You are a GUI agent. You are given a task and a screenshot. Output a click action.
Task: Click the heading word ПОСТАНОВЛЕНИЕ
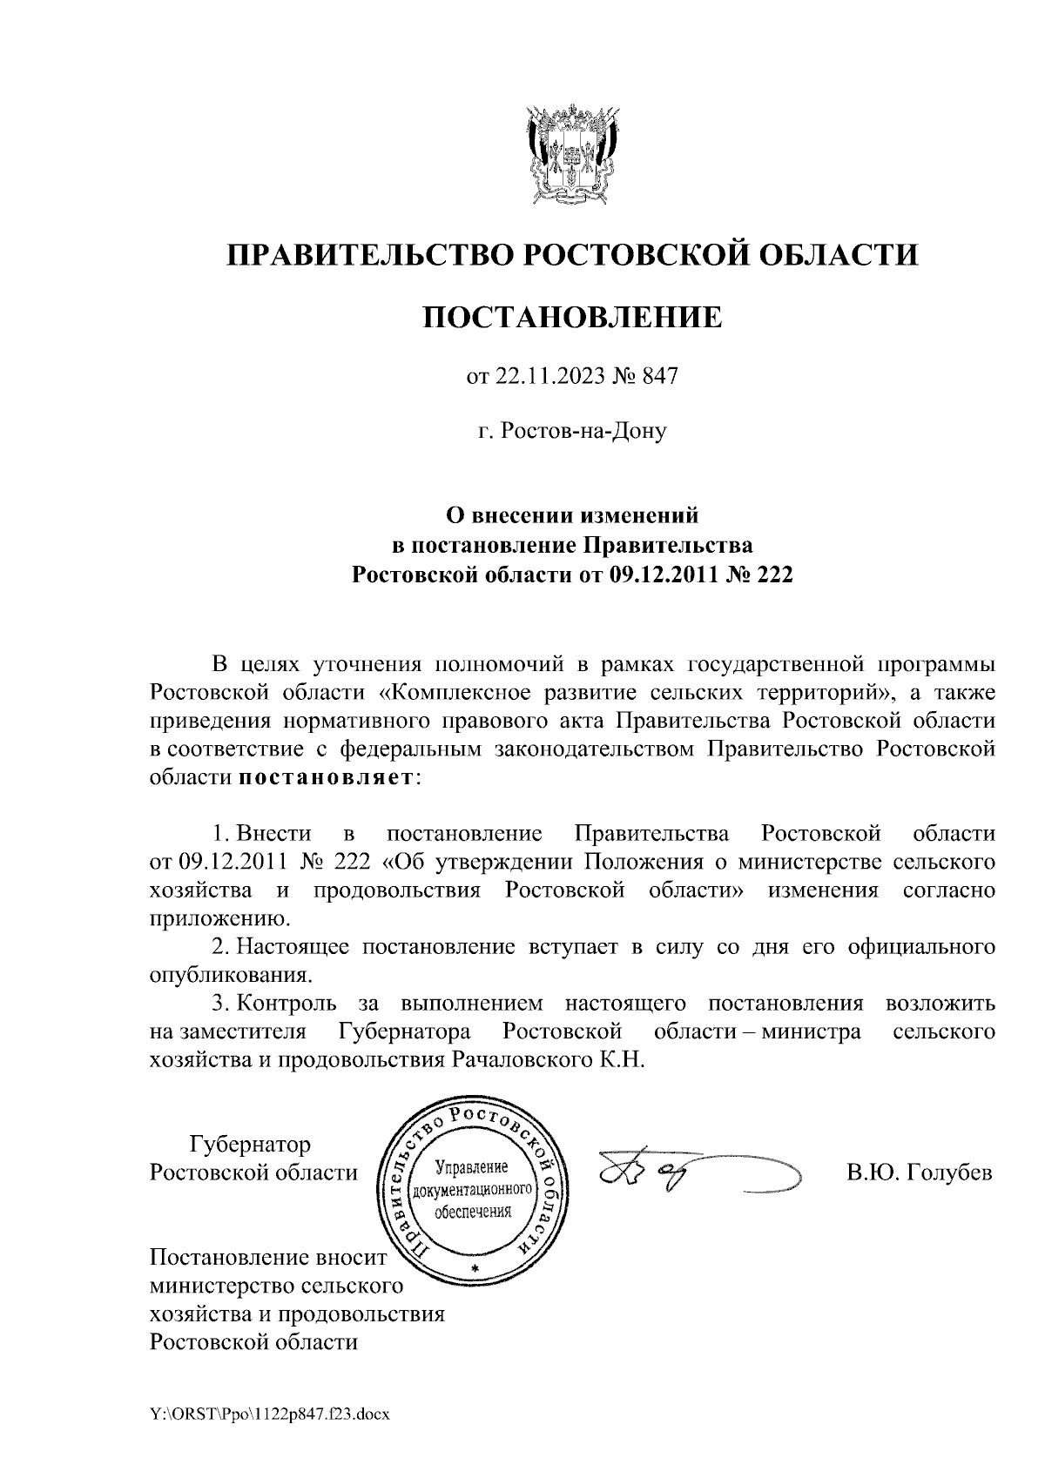(572, 316)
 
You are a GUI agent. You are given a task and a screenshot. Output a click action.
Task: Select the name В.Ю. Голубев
(920, 1172)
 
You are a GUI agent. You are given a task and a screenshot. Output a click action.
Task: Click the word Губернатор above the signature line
(250, 1143)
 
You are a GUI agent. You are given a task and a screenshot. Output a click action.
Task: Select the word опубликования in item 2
(226, 975)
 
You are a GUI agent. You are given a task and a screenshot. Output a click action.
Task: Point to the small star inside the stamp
(475, 1266)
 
